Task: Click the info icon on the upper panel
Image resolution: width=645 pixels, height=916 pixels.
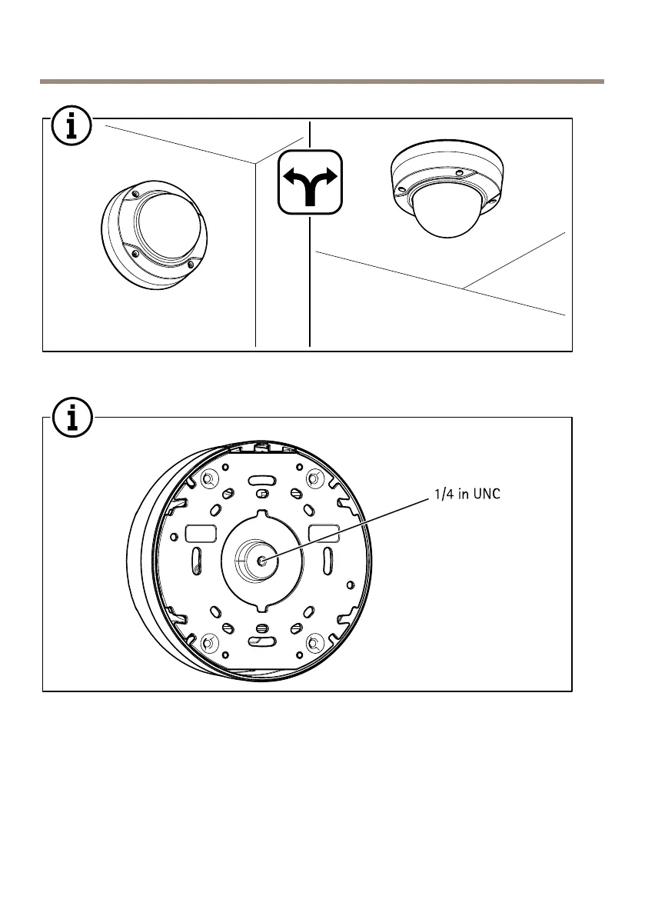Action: coord(72,127)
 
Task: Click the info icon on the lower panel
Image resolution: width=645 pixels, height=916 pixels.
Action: coord(72,419)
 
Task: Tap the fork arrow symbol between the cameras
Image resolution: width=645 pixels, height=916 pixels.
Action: coord(309,182)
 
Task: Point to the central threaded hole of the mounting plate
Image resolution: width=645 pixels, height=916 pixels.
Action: coord(263,560)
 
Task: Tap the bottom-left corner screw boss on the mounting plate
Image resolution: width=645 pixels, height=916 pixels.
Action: coord(206,642)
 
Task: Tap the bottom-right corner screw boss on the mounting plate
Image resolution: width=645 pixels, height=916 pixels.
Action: coord(313,642)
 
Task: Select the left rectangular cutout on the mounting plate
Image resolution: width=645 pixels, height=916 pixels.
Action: coord(200,532)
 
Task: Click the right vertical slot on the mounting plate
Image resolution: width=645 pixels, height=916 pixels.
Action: coord(328,559)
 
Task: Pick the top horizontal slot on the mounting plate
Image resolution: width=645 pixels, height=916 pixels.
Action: coord(261,479)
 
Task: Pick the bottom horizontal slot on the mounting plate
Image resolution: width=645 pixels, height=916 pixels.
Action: coord(261,641)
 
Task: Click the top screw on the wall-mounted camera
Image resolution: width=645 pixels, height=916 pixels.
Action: coord(134,192)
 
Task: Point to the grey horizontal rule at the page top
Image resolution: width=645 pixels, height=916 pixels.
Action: coord(322,80)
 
